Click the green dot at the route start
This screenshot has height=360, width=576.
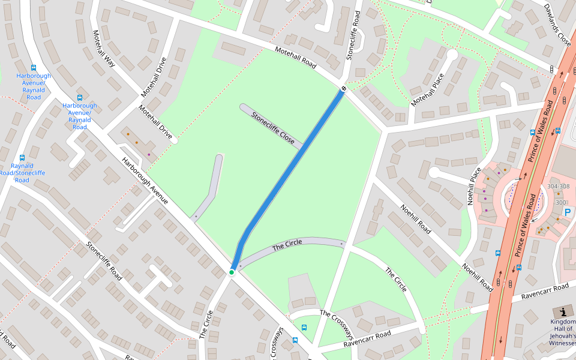(x=231, y=272)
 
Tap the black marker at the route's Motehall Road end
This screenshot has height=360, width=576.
(x=344, y=89)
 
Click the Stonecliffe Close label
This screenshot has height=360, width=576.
(x=273, y=128)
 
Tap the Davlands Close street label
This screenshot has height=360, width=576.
(x=557, y=25)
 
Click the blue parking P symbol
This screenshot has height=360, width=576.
(x=568, y=212)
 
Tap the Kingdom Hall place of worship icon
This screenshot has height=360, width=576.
(x=563, y=312)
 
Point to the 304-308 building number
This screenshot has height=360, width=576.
(x=559, y=186)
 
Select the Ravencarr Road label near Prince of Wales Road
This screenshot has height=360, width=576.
(x=544, y=292)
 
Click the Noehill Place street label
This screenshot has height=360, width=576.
(x=475, y=186)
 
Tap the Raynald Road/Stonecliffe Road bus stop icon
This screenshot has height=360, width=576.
(x=22, y=158)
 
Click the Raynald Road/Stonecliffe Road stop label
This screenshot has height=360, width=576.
(x=22, y=173)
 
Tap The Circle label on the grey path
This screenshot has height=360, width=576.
(x=287, y=245)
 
